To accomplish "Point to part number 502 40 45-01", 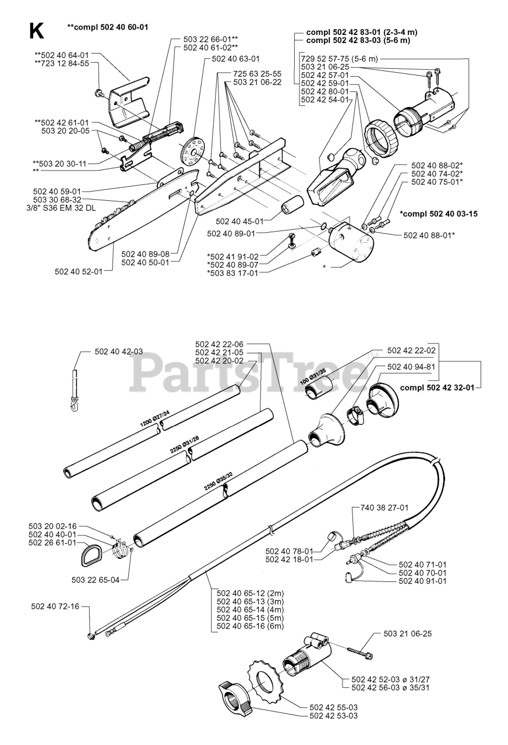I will tap(239, 221).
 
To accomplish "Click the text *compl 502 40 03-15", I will tap(438, 214).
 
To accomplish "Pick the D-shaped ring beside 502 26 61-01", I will tap(91, 553).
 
